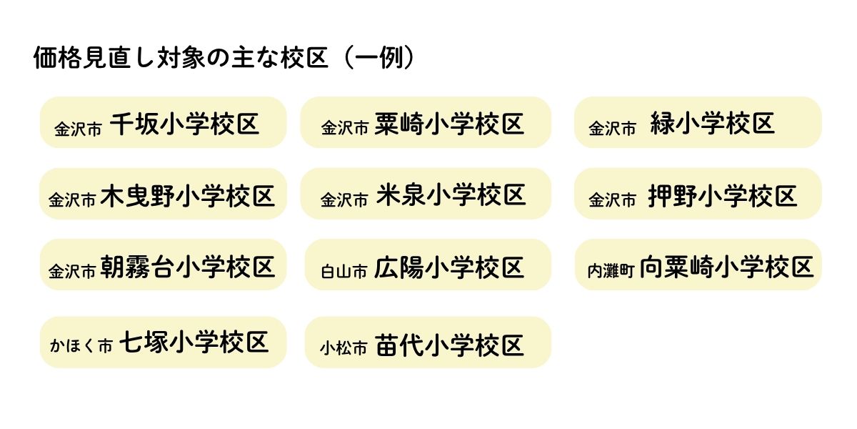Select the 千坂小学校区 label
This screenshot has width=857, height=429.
[x=184, y=124]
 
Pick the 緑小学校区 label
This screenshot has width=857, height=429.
[x=712, y=124]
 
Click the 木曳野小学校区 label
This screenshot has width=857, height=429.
[x=188, y=195]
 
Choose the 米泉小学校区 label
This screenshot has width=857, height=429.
[x=448, y=195]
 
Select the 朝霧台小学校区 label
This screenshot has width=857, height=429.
[x=188, y=267]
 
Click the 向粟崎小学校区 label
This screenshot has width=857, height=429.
[x=726, y=267]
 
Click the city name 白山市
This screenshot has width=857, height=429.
[x=344, y=271]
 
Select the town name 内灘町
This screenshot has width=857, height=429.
[x=611, y=271]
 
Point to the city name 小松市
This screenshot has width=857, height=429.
[x=344, y=348]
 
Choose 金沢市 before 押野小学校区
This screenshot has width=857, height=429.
[x=612, y=201]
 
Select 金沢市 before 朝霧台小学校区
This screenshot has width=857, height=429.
[x=72, y=271]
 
